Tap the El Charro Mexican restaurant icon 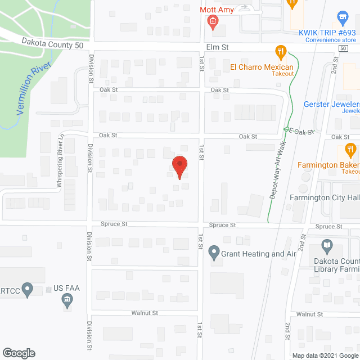click(280, 53)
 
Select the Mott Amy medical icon click(213, 22)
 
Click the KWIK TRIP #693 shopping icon click(341, 17)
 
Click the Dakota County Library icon click(327, 245)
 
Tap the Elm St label click(215, 48)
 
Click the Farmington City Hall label click(325, 197)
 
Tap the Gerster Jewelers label click(331, 104)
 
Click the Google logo click(18, 353)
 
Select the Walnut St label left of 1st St click(145, 313)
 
